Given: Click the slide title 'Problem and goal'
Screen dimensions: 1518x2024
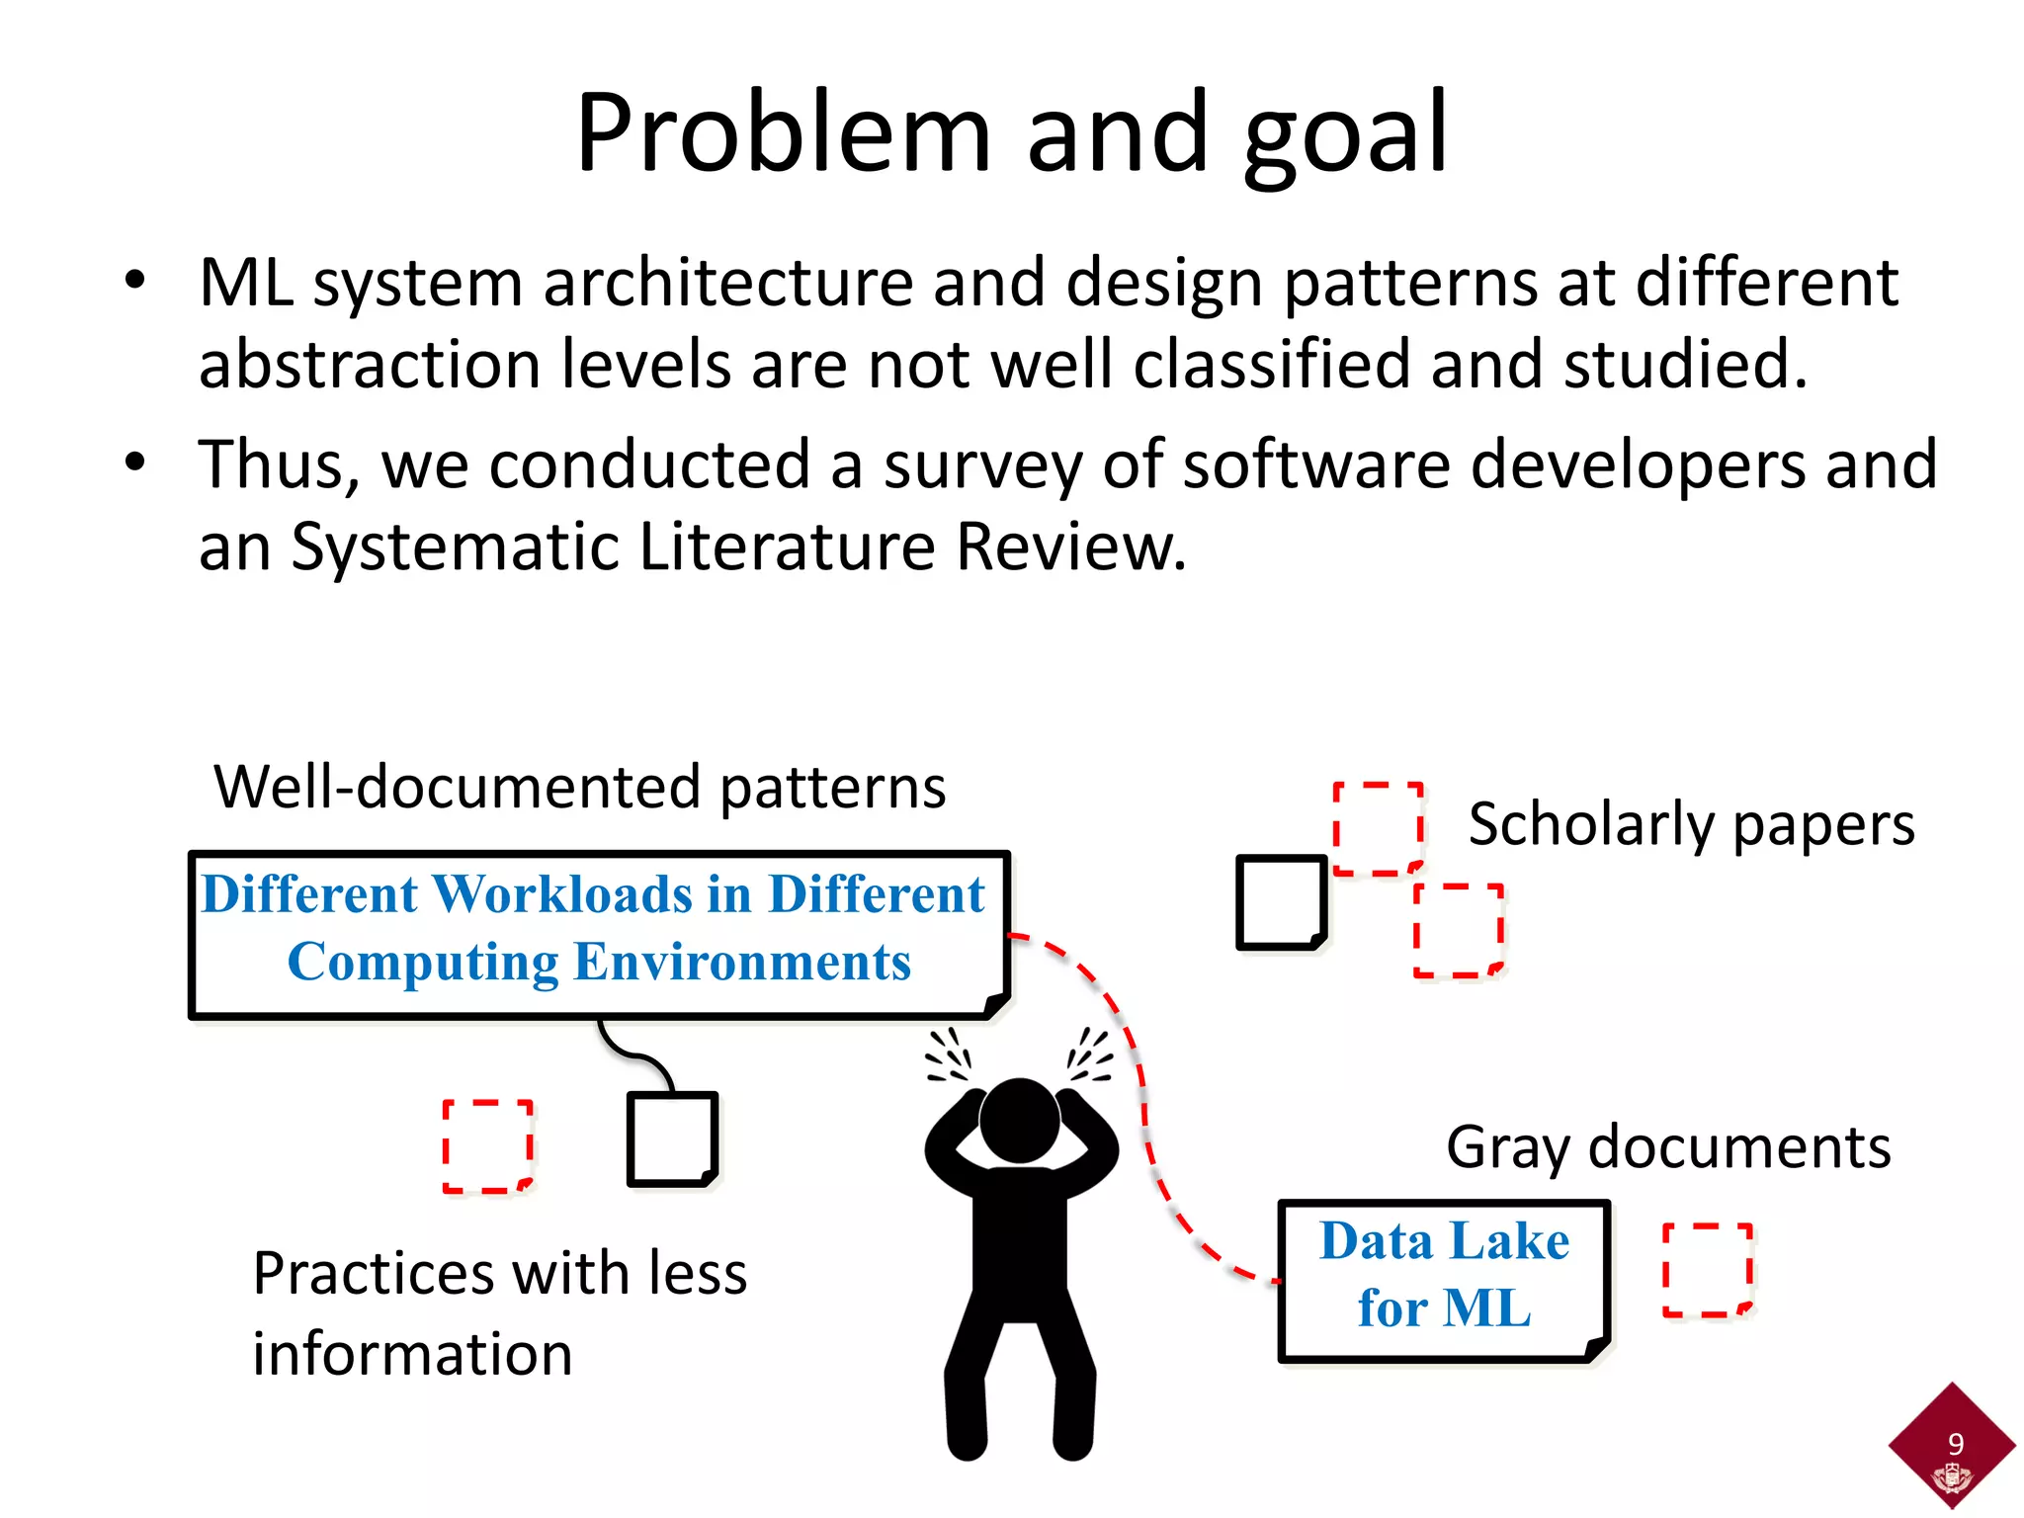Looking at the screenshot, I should (x=1011, y=133).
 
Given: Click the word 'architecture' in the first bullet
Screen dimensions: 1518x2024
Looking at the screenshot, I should (x=726, y=284).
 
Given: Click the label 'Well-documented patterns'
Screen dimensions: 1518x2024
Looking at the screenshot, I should (x=580, y=788).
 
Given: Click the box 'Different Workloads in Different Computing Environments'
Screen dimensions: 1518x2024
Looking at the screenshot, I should (x=599, y=932).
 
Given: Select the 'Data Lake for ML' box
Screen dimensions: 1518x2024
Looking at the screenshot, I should (x=1444, y=1278).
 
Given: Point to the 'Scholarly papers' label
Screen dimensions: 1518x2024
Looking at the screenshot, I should (x=1691, y=824).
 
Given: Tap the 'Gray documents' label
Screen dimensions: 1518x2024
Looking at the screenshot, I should (x=1668, y=1148).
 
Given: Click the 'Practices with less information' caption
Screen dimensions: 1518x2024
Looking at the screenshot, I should (x=499, y=1312).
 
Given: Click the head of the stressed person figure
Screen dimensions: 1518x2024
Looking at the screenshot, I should (x=1019, y=1120).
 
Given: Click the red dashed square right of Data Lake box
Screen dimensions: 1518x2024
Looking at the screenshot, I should (x=1708, y=1270).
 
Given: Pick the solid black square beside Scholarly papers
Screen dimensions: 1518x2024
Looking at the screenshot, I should (x=1282, y=902).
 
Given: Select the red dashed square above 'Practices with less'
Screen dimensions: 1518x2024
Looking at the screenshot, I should (x=487, y=1145).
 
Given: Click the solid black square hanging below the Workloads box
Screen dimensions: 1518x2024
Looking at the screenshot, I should (x=672, y=1138).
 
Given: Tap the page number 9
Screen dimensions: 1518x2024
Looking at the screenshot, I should (x=1955, y=1444).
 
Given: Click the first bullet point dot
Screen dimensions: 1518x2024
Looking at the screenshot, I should (x=135, y=280).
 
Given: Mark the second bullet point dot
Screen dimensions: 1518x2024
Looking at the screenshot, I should (x=135, y=462).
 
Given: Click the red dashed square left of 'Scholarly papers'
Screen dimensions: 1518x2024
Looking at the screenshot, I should (x=1379, y=828).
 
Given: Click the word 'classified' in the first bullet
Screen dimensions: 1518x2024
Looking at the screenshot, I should (x=1271, y=365).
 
